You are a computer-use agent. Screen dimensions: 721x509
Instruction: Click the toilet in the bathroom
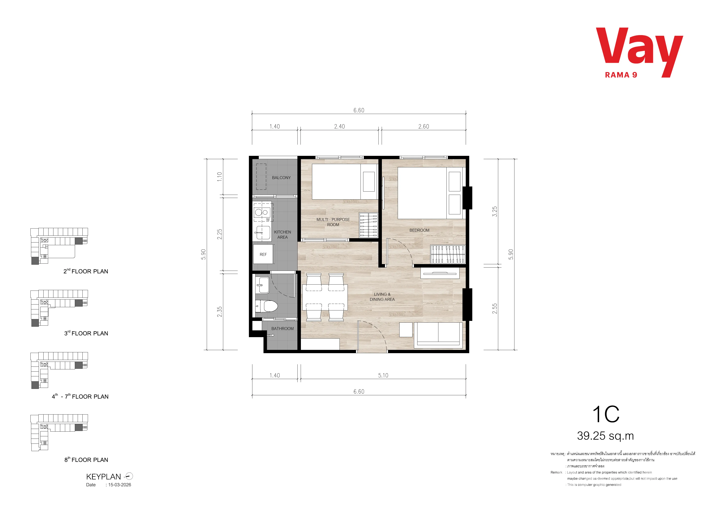click(266, 306)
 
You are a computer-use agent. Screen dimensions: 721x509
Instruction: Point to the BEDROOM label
click(419, 230)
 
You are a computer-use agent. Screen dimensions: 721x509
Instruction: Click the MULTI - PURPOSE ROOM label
click(333, 222)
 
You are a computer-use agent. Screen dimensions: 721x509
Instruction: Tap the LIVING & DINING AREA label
click(382, 297)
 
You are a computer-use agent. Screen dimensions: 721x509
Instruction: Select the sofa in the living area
click(438, 335)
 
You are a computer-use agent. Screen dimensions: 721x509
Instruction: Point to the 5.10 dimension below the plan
click(383, 375)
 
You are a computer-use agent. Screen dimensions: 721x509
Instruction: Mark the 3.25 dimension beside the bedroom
click(495, 211)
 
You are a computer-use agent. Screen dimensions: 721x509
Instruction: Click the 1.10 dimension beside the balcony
click(220, 177)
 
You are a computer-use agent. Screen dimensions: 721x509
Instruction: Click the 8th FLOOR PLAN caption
click(86, 460)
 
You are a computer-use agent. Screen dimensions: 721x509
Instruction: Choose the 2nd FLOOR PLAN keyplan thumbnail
click(59, 246)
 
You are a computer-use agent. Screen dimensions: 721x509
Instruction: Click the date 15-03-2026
click(120, 485)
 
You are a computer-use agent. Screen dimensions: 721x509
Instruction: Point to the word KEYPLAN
click(103, 477)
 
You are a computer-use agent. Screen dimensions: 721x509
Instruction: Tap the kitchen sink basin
click(263, 233)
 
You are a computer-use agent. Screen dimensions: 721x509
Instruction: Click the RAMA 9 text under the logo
click(621, 75)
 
